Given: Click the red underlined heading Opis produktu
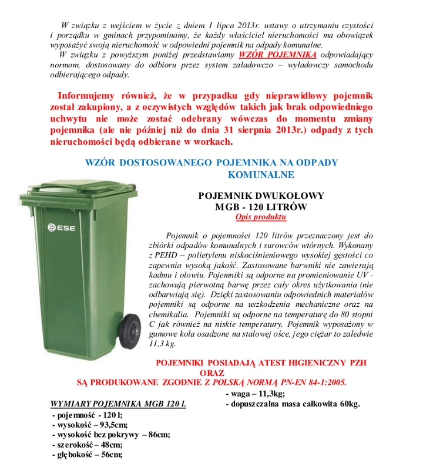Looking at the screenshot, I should tap(260, 217).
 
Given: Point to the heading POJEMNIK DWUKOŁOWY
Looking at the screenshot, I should tap(261, 195).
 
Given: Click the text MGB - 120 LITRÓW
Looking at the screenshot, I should tap(261, 206).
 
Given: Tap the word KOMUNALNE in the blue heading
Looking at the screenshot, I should tap(261, 174).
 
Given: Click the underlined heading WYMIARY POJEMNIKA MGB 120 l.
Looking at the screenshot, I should tap(118, 404).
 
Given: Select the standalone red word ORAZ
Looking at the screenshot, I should tap(213, 372).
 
